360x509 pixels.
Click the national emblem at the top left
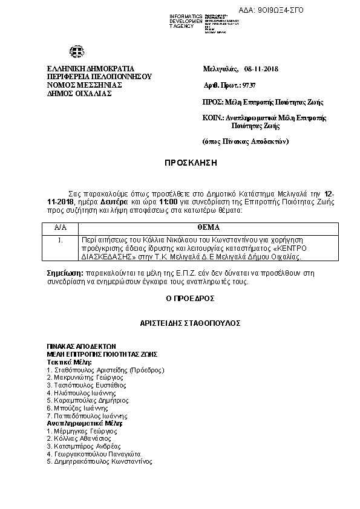coord(77,53)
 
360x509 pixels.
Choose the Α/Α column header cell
coord(61,228)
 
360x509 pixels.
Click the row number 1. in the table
coord(61,240)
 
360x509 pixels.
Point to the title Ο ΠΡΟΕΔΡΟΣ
coord(190,298)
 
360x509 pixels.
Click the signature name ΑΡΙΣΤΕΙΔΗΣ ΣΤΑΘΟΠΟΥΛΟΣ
coord(190,323)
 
